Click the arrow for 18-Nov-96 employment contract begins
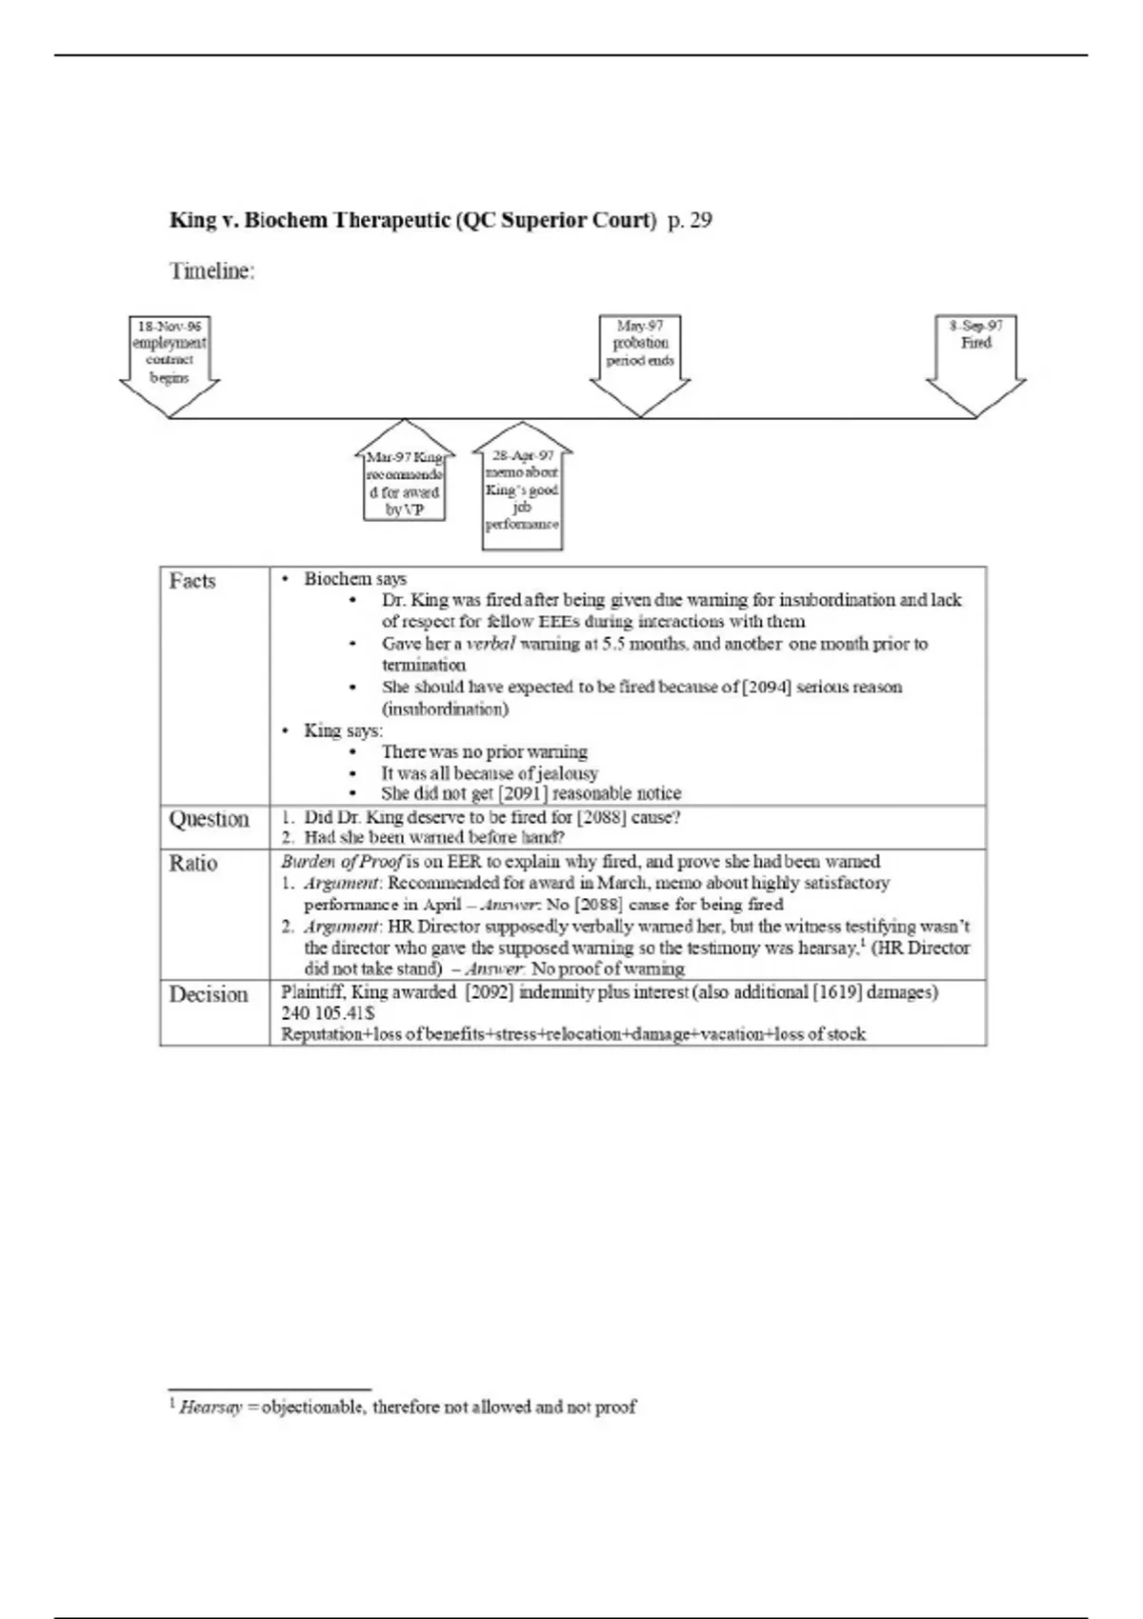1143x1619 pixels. [x=170, y=361]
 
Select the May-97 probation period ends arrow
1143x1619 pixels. [x=640, y=361]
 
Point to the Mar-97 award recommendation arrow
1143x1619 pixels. [x=405, y=476]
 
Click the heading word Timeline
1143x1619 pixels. [x=212, y=271]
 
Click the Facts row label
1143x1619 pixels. [x=192, y=581]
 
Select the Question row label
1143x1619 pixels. [x=209, y=819]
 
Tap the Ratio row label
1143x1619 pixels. [x=193, y=863]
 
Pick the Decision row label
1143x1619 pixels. [x=209, y=994]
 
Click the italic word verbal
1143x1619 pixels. [x=491, y=644]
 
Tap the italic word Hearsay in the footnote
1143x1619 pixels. [x=211, y=1407]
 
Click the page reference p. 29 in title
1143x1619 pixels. [x=690, y=221]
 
